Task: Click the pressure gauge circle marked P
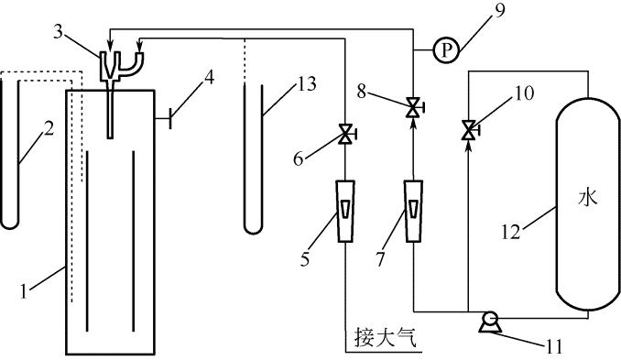446,50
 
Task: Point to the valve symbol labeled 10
470,129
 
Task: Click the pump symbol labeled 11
490,322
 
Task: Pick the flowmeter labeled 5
345,211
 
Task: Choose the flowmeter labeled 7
413,211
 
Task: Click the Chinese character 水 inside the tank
587,197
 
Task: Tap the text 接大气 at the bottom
386,336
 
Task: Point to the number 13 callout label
306,84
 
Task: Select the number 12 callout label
511,231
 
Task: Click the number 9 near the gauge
500,10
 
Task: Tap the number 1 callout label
24,291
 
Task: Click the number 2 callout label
49,129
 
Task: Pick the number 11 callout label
553,346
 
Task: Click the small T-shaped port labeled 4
163,118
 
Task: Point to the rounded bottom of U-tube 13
253,231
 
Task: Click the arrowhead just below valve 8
414,124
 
